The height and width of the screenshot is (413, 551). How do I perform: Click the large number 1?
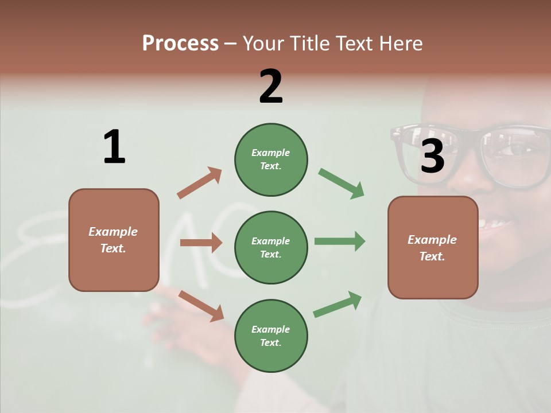[x=114, y=147]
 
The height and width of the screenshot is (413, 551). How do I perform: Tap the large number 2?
[x=271, y=87]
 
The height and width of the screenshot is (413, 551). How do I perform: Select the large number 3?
[x=432, y=157]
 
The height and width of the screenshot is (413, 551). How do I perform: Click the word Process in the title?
[x=180, y=43]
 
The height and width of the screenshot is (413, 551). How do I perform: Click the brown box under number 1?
[x=114, y=240]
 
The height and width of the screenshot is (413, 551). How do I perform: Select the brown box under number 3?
[x=433, y=247]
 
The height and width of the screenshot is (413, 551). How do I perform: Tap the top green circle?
[x=271, y=159]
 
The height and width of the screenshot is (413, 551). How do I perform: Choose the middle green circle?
[x=271, y=247]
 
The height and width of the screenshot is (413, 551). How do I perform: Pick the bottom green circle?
[x=271, y=336]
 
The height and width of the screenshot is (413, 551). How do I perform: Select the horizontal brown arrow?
[x=201, y=243]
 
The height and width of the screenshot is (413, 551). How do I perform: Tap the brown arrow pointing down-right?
[x=201, y=305]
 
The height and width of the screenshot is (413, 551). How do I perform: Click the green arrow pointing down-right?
[x=342, y=184]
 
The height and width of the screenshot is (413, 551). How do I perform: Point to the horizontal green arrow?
[x=339, y=241]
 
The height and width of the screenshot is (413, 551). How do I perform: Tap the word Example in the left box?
[x=113, y=232]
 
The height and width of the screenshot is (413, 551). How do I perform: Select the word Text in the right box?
[x=432, y=256]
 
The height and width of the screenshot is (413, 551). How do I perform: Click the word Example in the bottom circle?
[x=270, y=329]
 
